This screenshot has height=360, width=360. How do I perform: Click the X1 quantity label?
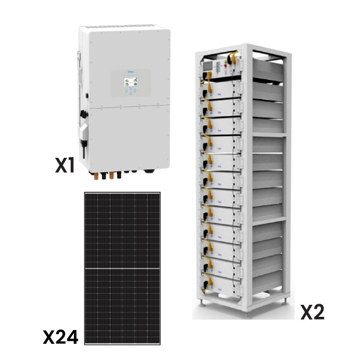pyautogui.click(x=64, y=166)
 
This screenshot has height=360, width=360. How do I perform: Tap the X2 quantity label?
pyautogui.click(x=312, y=312)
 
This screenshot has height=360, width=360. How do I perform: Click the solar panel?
pyautogui.click(x=122, y=268)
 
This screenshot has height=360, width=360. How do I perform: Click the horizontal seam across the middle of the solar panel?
pyautogui.click(x=122, y=268)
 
